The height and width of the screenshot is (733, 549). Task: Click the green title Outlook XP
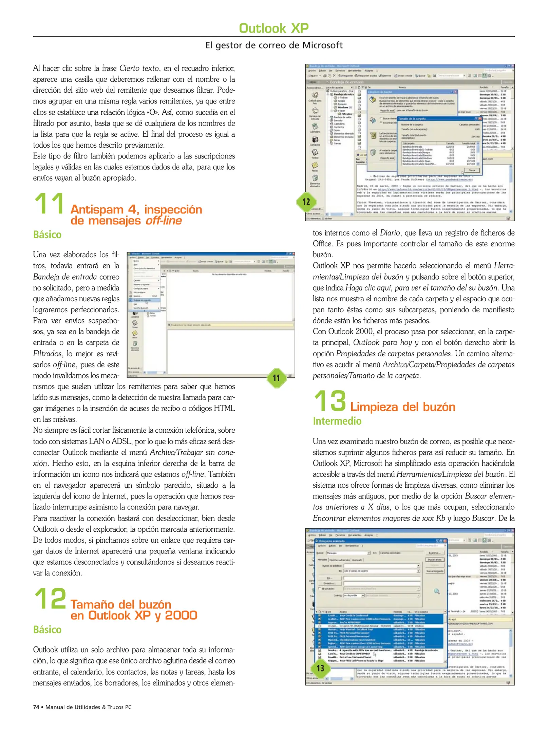[273, 28]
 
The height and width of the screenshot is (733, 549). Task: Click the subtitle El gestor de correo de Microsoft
[274, 45]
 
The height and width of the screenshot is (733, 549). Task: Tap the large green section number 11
[50, 204]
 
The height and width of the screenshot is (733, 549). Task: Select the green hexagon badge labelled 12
[306, 202]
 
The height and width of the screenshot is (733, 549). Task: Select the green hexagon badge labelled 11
[276, 378]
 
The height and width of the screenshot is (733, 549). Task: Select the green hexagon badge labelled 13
[320, 668]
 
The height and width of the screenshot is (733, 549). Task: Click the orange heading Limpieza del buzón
[402, 407]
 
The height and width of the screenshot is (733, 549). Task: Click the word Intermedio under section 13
[337, 421]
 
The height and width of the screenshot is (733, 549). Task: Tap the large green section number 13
[329, 401]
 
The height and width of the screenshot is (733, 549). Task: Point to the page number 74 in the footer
[36, 707]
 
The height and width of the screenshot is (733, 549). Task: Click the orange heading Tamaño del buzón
[120, 604]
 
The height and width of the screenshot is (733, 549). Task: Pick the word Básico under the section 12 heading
[47, 630]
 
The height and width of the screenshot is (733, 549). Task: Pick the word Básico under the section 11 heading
[47, 235]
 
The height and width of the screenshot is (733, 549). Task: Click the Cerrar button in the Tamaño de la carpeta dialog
[472, 170]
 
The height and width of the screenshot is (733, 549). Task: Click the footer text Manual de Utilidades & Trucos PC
[88, 707]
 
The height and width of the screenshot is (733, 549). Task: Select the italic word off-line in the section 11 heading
[164, 221]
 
